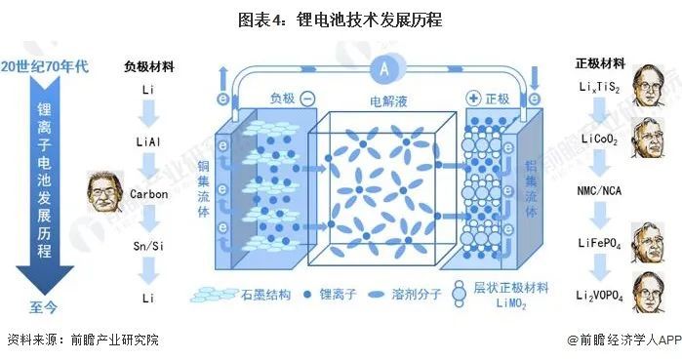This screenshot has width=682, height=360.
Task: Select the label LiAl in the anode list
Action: (147, 142)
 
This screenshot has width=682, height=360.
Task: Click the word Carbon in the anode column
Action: (148, 193)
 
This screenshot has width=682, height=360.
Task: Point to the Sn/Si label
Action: (148, 245)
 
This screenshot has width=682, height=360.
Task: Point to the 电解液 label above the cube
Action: (387, 100)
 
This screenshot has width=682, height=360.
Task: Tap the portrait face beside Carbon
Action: (102, 192)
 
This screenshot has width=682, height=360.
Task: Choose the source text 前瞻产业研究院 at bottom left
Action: (113, 341)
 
